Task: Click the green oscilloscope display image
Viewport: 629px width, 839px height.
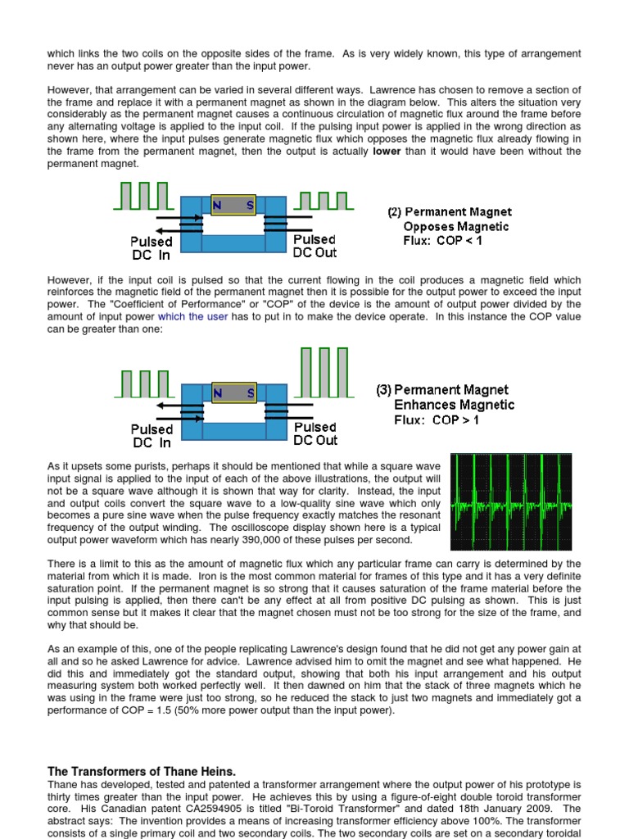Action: pyautogui.click(x=510, y=501)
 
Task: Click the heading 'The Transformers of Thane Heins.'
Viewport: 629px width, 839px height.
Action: pyautogui.click(x=142, y=771)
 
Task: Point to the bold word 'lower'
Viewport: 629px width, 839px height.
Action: pyautogui.click(x=387, y=152)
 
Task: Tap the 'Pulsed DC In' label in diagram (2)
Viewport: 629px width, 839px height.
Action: pyautogui.click(x=152, y=247)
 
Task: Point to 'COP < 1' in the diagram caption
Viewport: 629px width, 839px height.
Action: pyautogui.click(x=455, y=241)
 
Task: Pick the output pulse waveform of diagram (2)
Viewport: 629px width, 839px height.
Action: pyautogui.click(x=325, y=201)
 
